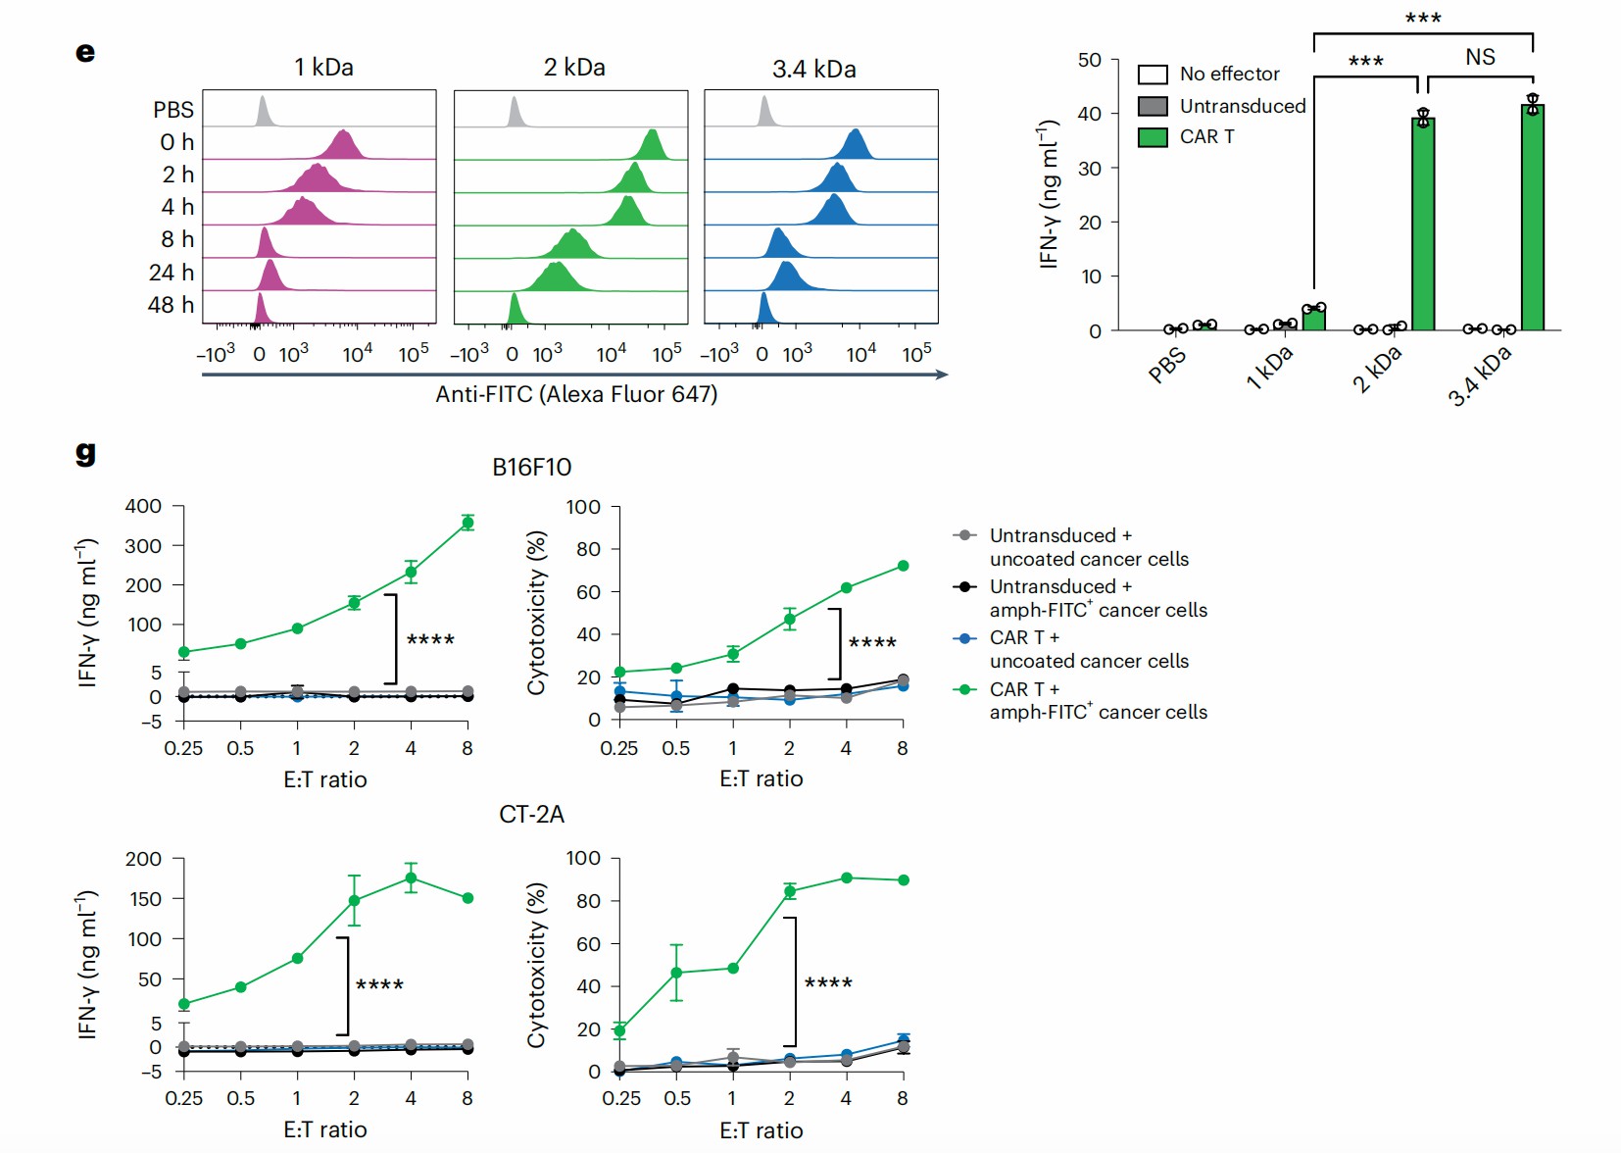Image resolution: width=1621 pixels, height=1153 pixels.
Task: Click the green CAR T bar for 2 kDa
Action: (x=1423, y=226)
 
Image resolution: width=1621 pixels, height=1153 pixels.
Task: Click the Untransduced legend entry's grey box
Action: (x=1153, y=106)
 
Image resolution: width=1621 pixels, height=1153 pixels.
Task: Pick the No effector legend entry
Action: (x=1229, y=75)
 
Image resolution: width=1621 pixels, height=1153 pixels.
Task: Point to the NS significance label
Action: (x=1480, y=57)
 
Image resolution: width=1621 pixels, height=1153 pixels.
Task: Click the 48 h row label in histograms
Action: (x=171, y=305)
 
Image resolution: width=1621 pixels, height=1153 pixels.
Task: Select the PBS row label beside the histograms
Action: (x=172, y=110)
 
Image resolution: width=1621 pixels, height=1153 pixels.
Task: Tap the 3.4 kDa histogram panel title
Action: (x=813, y=70)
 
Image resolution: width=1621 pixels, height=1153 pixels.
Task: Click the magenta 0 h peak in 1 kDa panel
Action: (x=342, y=145)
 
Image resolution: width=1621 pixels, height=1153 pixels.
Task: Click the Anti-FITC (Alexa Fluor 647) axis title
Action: (x=576, y=394)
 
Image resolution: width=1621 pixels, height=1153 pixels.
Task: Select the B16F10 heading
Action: (x=531, y=467)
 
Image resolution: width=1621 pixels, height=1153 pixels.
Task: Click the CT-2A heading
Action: (x=531, y=815)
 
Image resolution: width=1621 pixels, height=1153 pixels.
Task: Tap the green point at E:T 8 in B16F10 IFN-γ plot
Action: (x=467, y=523)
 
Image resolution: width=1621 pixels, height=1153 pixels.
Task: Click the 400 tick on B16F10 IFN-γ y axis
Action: (x=143, y=507)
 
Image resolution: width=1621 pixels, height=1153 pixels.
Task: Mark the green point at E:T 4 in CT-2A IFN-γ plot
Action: (x=411, y=878)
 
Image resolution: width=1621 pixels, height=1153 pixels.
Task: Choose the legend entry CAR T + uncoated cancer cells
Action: (x=1088, y=649)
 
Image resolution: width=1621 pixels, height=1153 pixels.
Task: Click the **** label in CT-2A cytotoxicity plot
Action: (x=828, y=982)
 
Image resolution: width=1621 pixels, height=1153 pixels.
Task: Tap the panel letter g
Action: (x=85, y=452)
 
